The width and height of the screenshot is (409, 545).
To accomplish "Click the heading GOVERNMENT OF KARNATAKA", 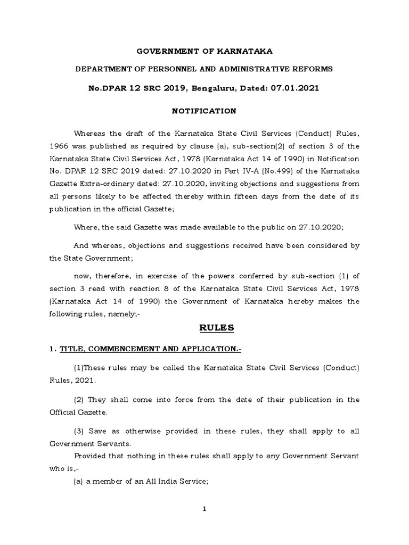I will (204, 52).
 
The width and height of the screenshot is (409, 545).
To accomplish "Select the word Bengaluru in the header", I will (206, 88).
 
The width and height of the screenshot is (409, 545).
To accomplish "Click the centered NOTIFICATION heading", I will (204, 111).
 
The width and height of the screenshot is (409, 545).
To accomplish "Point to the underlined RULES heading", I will (216, 328).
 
